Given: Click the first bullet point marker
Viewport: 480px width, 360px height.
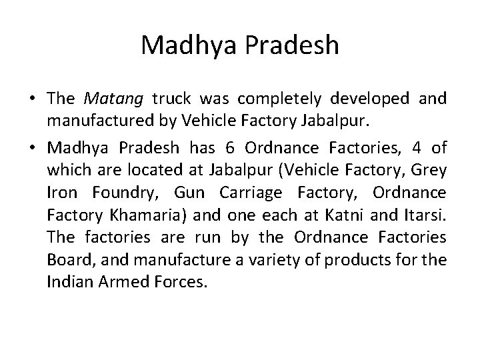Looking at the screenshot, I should [32, 99].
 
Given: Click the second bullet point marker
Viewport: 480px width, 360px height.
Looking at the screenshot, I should [32, 146].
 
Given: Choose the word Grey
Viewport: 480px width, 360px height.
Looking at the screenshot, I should [429, 169].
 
